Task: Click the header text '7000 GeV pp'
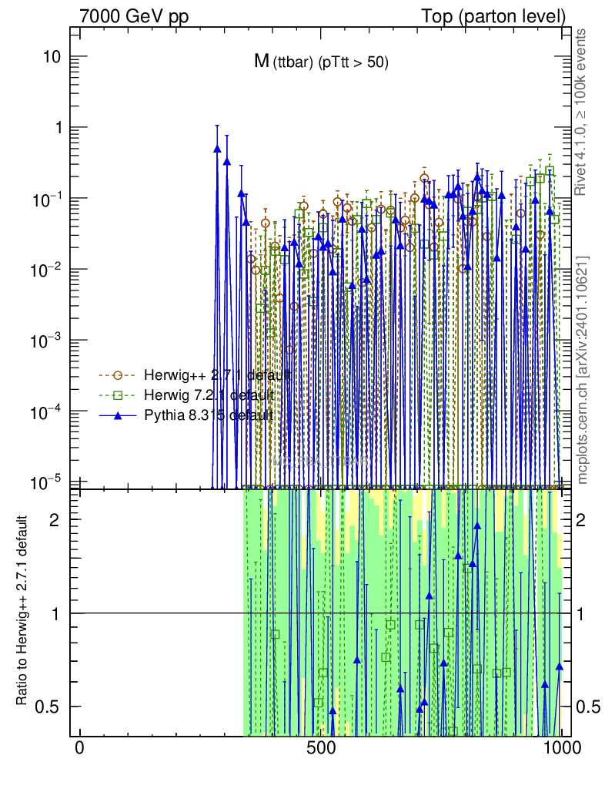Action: (x=129, y=15)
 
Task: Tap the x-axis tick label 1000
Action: (x=562, y=749)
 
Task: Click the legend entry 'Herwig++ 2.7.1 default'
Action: (x=217, y=375)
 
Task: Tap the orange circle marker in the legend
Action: (x=118, y=375)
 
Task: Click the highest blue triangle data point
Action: (x=217, y=149)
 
